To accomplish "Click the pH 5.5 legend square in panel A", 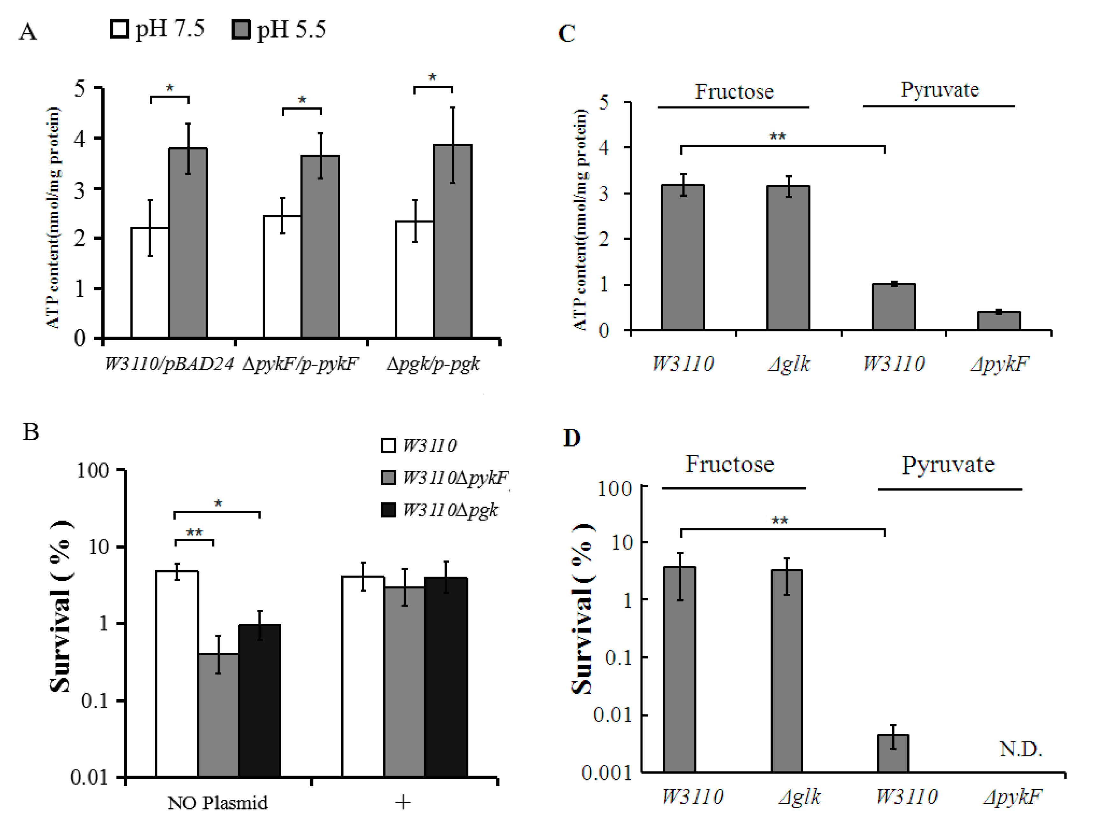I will pyautogui.click(x=241, y=29).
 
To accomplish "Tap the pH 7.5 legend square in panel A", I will pyautogui.click(x=119, y=29).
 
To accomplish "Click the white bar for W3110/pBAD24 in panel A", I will pyautogui.click(x=150, y=282).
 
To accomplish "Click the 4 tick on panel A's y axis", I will pyautogui.click(x=80, y=139).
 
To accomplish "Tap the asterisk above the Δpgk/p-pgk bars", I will pyautogui.click(x=432, y=78).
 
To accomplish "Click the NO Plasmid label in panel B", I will pyautogui.click(x=218, y=802).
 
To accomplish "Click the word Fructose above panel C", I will pyautogui.click(x=734, y=91).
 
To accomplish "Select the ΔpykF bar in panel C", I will pyautogui.click(x=998, y=321).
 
